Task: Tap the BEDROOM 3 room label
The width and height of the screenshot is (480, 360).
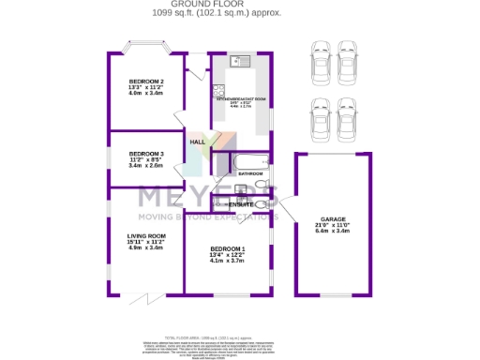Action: coord(146,153)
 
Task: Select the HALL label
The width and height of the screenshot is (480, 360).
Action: coord(198,142)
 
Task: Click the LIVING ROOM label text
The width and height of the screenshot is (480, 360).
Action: coord(146,236)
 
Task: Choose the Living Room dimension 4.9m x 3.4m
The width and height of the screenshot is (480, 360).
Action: coord(146,248)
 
